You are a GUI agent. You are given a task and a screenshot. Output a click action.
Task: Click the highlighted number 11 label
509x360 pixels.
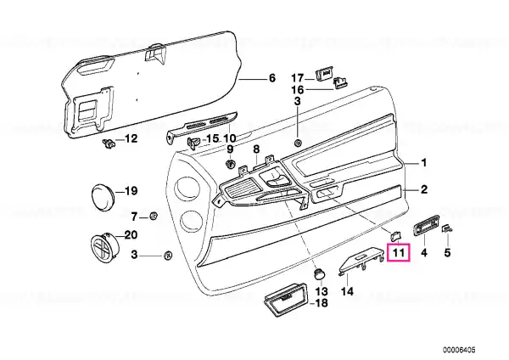pos(399,252)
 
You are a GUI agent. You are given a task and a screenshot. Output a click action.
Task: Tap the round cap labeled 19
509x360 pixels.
pos(103,195)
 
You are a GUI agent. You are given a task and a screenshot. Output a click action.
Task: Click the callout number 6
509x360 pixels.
pos(272,78)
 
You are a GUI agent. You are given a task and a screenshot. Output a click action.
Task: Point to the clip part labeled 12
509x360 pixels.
pos(109,143)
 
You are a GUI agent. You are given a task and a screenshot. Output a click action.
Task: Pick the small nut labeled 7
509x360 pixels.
pos(154,216)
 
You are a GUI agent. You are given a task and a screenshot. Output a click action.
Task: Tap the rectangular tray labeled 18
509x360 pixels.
pos(286,300)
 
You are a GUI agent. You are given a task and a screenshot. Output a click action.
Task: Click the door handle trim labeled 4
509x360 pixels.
pos(426,225)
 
